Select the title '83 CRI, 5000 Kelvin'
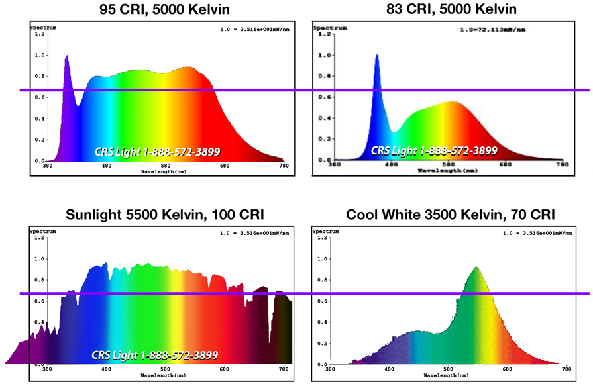(x=451, y=9)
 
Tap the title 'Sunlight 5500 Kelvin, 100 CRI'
(x=165, y=215)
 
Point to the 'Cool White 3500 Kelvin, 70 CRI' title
(x=451, y=215)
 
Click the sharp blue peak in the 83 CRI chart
(x=377, y=56)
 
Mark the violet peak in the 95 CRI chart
(x=67, y=57)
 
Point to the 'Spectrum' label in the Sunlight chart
(x=42, y=232)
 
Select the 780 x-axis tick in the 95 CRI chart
(x=283, y=166)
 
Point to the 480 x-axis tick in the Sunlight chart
(x=106, y=369)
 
